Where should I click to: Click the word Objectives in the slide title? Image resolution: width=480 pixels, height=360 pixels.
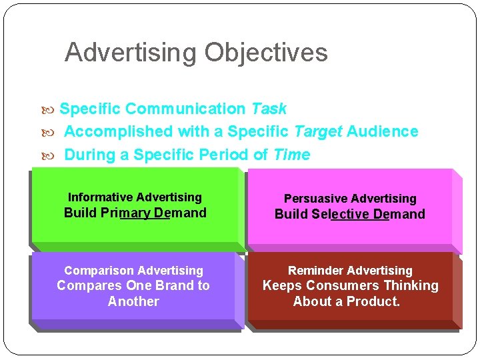tap(266, 52)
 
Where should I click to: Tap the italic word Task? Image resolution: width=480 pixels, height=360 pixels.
tap(269, 109)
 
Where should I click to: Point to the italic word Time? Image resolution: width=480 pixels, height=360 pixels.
tap(291, 155)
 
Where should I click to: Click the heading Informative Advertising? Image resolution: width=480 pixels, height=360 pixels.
tap(135, 197)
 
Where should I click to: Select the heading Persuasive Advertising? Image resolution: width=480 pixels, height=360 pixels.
tap(350, 199)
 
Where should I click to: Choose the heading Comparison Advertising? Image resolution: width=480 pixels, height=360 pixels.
tap(133, 271)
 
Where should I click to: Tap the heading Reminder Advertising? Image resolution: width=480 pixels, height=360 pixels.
tap(350, 271)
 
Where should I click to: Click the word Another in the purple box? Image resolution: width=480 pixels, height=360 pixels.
tap(133, 301)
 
